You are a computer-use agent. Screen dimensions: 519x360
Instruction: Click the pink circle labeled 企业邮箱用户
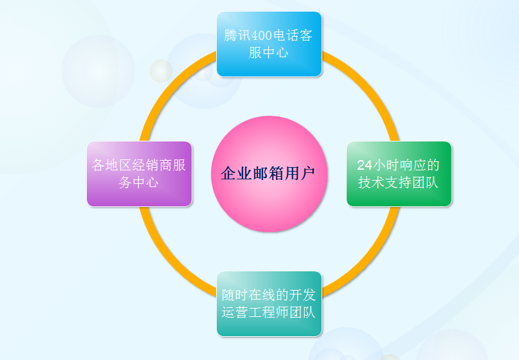coord(269,174)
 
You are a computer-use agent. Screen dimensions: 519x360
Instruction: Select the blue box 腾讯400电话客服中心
coord(269,44)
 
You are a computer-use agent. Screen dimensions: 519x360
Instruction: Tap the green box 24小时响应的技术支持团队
coord(399,174)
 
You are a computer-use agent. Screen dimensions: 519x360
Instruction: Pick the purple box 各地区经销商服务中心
coord(140,174)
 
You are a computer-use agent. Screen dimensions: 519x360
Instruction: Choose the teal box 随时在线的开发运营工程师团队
coord(269,303)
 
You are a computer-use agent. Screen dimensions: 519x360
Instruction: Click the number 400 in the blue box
coord(262,35)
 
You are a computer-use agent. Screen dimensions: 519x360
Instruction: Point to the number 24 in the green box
coord(365,165)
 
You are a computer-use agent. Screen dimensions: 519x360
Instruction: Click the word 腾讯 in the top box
coord(238,35)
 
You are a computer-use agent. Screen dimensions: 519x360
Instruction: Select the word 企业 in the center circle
coord(236,174)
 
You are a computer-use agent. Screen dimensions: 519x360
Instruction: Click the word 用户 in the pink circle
coord(300,174)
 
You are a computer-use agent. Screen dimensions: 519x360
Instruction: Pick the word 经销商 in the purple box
coord(152,165)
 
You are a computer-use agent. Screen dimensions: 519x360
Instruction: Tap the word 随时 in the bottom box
coord(235,295)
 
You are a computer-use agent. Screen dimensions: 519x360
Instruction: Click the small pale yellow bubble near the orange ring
coord(161,71)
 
